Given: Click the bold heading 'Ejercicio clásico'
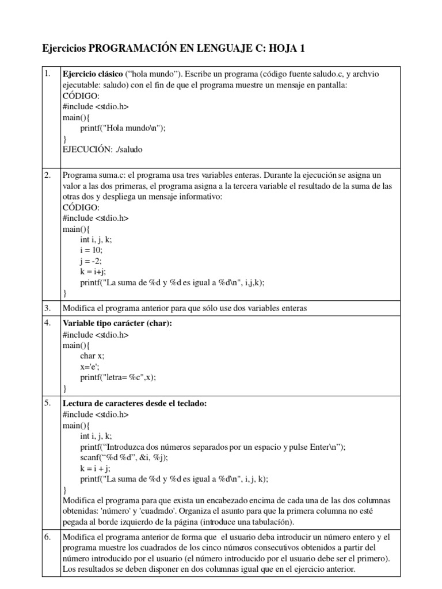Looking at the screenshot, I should pyautogui.click(x=93, y=75).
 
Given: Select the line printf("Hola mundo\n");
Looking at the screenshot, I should pyautogui.click(x=123, y=128).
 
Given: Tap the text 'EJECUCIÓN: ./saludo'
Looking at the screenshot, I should pyautogui.click(x=102, y=149).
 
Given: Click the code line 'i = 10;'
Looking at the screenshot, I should pyautogui.click(x=92, y=250).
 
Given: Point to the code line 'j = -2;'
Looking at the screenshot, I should pyautogui.click(x=91, y=261).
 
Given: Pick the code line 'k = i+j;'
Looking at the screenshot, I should pyautogui.click(x=93, y=271).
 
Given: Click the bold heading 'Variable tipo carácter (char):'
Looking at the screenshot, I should pyautogui.click(x=117, y=323).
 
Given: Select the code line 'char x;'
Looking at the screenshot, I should pyautogui.click(x=92, y=356).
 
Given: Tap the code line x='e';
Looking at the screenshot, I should pyautogui.click(x=90, y=367).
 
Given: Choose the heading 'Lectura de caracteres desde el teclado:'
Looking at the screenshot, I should pyautogui.click(x=134, y=404).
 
